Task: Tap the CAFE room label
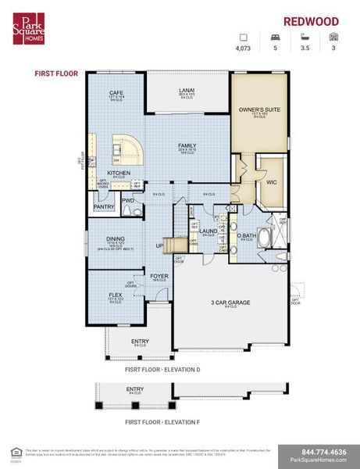116,93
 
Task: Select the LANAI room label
187,90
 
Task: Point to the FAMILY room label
187,145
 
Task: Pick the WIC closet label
272,181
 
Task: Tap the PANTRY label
104,206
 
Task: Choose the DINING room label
116,240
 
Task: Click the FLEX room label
115,294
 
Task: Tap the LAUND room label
208,231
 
